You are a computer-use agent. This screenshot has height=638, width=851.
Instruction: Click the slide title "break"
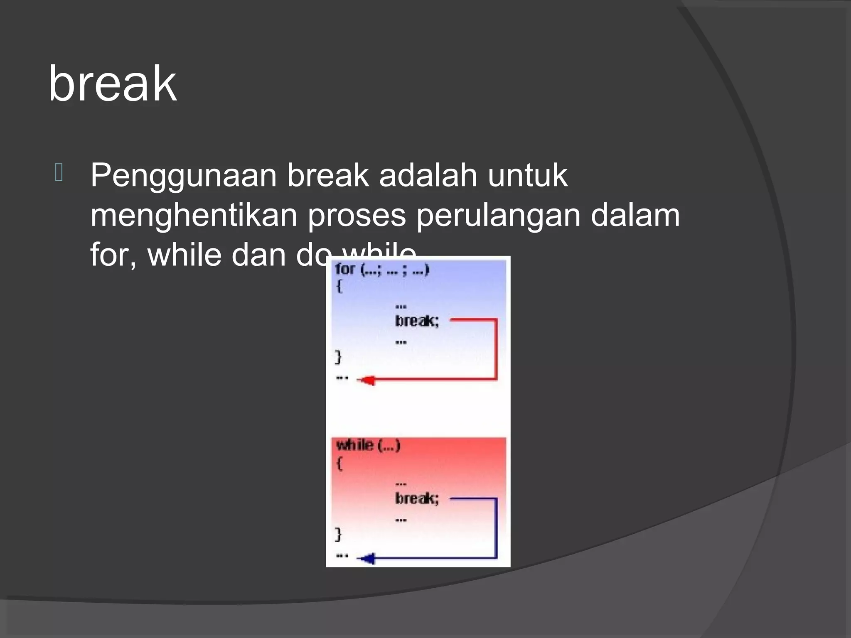pyautogui.click(x=112, y=84)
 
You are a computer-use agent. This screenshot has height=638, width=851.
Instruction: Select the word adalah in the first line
pyautogui.click(x=428, y=175)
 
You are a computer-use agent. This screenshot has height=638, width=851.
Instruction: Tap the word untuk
pyautogui.click(x=527, y=175)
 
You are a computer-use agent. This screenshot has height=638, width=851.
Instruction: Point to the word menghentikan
pyautogui.click(x=194, y=216)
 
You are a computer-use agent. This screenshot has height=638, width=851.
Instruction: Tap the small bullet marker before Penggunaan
pyautogui.click(x=59, y=173)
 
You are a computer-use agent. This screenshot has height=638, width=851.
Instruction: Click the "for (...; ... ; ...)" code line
pyautogui.click(x=381, y=270)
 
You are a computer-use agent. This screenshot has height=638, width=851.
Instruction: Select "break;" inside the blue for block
pyautogui.click(x=417, y=321)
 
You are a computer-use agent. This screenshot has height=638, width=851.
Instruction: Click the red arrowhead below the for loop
pyautogui.click(x=366, y=380)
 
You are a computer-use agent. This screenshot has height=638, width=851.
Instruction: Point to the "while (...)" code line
pyautogui.click(x=368, y=446)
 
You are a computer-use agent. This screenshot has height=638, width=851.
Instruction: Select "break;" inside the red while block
pyautogui.click(x=417, y=498)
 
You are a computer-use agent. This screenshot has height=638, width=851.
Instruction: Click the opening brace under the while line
pyautogui.click(x=339, y=464)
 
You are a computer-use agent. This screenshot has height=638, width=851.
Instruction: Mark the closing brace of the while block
pyautogui.click(x=338, y=534)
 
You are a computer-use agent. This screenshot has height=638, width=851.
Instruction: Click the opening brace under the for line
pyautogui.click(x=339, y=286)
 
